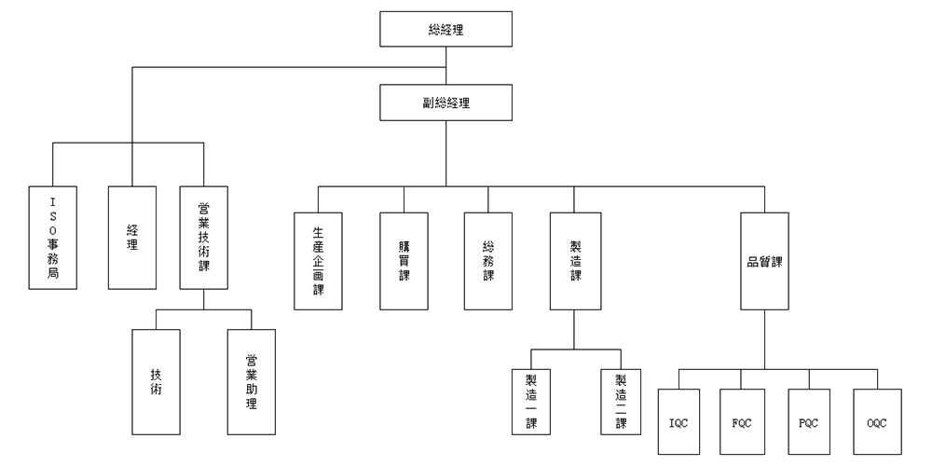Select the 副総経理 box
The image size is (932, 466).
[446, 103]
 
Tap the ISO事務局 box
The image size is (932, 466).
[52, 237]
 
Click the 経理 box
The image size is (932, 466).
[132, 237]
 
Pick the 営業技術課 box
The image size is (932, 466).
[203, 237]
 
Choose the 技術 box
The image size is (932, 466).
[156, 382]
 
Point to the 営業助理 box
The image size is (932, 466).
[252, 382]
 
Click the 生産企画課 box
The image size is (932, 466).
[318, 261]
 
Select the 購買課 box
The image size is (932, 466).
[404, 261]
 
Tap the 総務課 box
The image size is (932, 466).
[488, 261]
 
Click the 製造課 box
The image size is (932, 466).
[573, 261]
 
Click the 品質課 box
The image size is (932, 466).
[765, 261]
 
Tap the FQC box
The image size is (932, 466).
[743, 421]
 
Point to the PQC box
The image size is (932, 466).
[810, 421]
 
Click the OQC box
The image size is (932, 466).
[876, 421]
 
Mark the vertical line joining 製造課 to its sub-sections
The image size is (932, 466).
[573, 329]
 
